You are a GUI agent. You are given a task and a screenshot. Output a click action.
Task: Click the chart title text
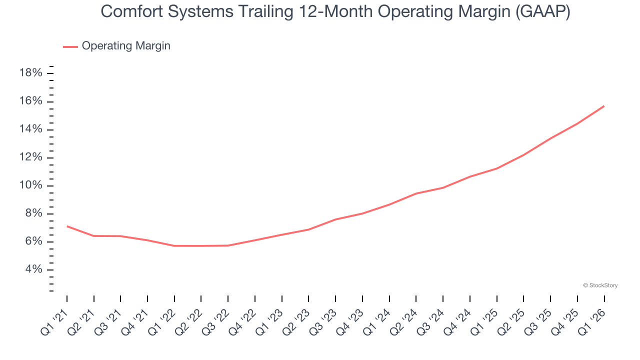[x=335, y=11]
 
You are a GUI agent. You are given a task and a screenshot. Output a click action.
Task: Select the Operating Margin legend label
[x=125, y=46]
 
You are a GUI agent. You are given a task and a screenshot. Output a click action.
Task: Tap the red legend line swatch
[x=70, y=46]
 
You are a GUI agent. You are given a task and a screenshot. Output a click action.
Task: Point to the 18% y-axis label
[x=30, y=73]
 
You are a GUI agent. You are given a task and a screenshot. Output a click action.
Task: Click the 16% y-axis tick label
[x=30, y=101]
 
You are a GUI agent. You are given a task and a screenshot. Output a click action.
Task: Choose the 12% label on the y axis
[x=30, y=157]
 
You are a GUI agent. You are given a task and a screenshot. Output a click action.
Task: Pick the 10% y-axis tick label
[x=30, y=185]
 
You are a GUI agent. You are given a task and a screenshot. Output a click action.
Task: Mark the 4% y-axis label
[x=33, y=269]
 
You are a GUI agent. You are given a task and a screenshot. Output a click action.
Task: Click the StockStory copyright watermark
[x=600, y=285]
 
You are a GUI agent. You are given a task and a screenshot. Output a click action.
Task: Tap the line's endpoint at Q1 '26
[x=604, y=106]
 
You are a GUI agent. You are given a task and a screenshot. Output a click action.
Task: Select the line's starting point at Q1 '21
[x=67, y=226]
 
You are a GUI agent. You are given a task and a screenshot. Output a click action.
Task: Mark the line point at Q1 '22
[x=174, y=245]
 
